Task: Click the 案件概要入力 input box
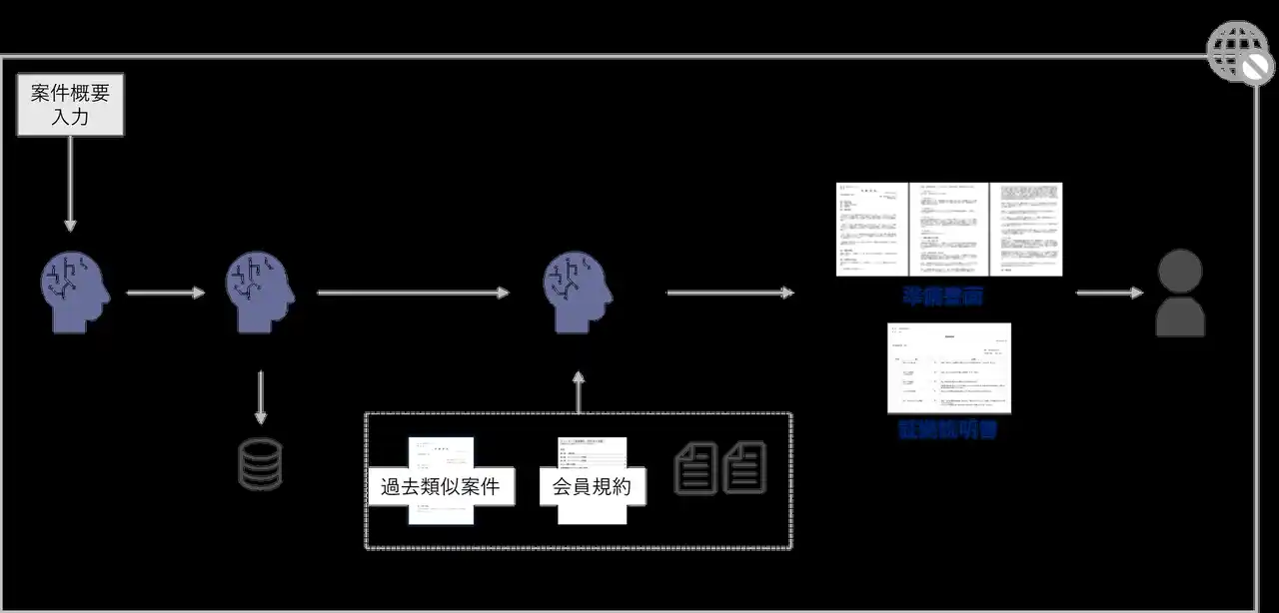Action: click(x=71, y=105)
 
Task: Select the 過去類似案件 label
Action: click(x=441, y=488)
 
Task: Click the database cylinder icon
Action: click(x=260, y=464)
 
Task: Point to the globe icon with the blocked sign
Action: click(x=1240, y=52)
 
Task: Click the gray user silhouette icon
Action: click(x=1180, y=293)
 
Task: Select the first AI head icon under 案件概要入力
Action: click(x=75, y=292)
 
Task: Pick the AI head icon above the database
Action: click(x=260, y=292)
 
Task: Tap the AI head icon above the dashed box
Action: click(x=578, y=292)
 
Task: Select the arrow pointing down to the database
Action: click(x=260, y=397)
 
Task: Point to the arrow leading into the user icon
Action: click(x=1109, y=293)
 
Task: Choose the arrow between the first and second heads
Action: click(x=166, y=293)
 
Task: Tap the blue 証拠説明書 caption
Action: click(x=948, y=431)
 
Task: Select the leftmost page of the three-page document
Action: click(x=871, y=229)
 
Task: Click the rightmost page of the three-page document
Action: click(x=1026, y=229)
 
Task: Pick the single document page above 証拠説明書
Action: click(x=948, y=367)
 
